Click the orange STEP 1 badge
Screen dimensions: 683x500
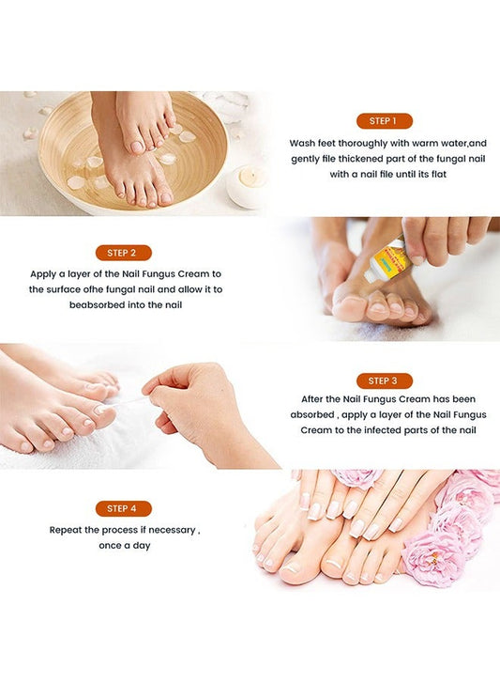[384, 121]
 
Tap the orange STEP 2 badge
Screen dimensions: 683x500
[123, 253]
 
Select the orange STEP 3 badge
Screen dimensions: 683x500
[384, 380]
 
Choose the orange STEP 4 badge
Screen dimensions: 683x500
[123, 508]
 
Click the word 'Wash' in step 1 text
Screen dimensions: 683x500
[301, 144]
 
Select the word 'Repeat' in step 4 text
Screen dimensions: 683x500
[68, 530]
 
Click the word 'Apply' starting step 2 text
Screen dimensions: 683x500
[44, 274]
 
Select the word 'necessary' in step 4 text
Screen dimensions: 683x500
[171, 530]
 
